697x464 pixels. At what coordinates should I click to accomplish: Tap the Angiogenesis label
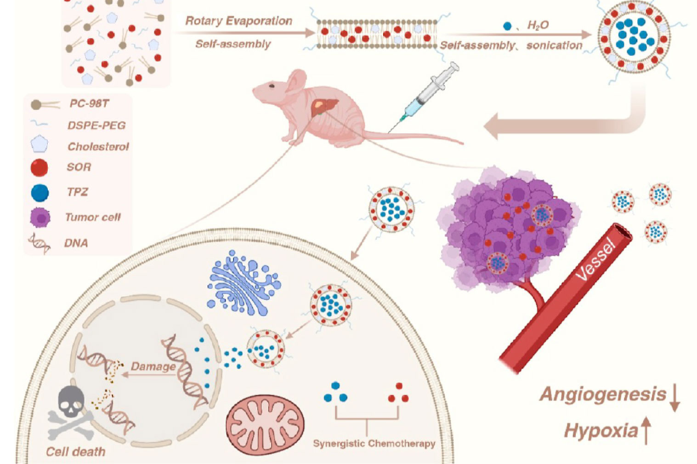tap(602, 395)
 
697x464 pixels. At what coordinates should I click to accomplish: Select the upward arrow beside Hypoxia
tap(646, 430)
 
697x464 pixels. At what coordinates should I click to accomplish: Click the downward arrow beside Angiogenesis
tap(674, 398)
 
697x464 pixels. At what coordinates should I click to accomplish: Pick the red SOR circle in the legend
tap(39, 167)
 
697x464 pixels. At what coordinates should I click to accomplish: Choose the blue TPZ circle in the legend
tap(40, 192)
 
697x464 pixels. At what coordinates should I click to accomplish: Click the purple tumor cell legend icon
tap(40, 218)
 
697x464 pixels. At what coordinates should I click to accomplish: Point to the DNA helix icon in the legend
tap(40, 243)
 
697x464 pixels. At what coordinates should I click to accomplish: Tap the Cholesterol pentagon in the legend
tap(40, 145)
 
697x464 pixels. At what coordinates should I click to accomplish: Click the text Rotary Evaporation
tap(238, 21)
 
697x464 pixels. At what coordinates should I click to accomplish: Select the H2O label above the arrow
tap(538, 25)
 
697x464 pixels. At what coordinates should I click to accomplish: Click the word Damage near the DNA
tap(153, 367)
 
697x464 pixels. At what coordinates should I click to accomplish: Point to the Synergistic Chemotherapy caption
tap(374, 444)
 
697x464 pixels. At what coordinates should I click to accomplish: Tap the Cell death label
tap(76, 452)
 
